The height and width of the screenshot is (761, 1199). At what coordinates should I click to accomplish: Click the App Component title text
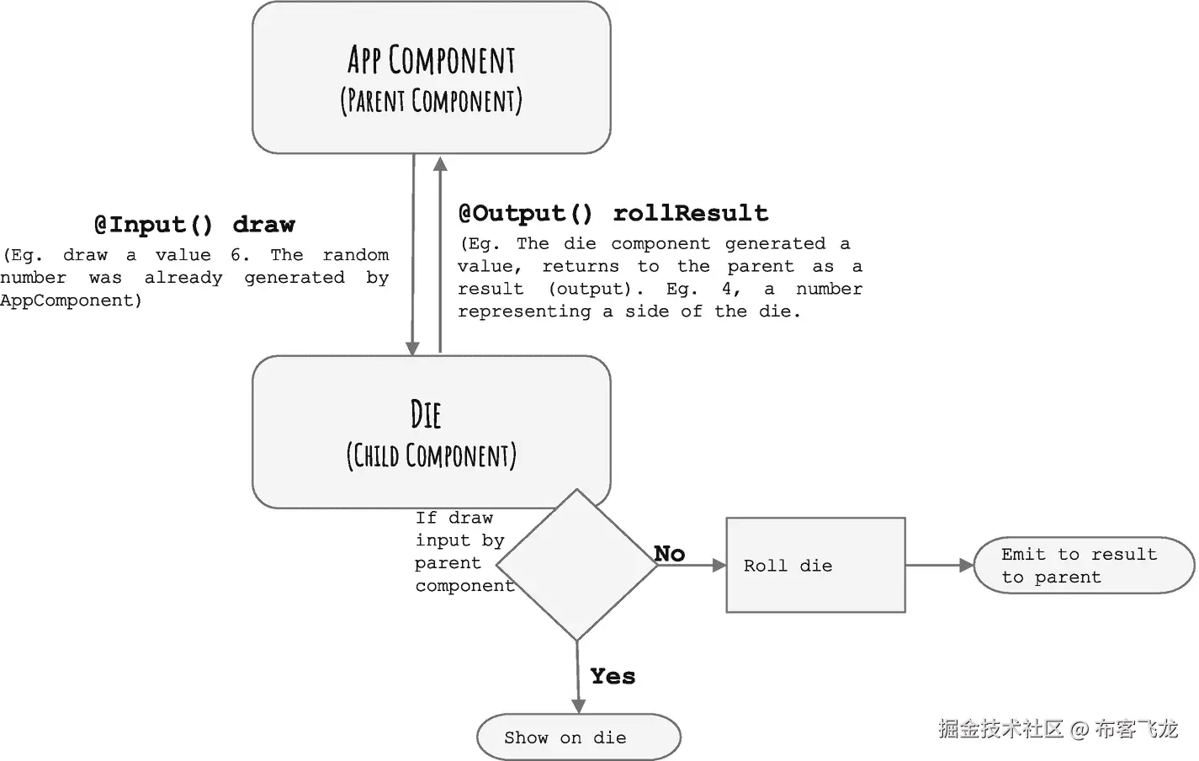pos(431,61)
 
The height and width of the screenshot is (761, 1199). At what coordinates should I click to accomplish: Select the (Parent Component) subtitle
pos(431,101)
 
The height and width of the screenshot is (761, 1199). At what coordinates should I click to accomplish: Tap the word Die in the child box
pos(426,415)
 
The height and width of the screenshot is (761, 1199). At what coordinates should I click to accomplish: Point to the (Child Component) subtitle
pos(431,455)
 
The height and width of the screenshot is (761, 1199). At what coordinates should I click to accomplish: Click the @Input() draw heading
pos(194,225)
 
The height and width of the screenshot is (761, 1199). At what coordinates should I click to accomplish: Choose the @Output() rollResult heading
pos(613,214)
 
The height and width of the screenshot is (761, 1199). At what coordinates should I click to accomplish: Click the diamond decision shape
pos(577,565)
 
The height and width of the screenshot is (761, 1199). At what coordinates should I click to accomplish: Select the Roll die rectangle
pos(814,565)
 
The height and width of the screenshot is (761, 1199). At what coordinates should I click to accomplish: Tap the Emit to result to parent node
pos(1083,566)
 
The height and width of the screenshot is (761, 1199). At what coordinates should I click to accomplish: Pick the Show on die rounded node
pos(578,737)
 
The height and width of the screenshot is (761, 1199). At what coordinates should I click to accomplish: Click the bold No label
pos(670,553)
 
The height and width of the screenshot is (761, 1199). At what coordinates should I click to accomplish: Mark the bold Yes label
pos(613,676)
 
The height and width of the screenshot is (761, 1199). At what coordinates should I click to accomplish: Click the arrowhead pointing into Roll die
pos(719,566)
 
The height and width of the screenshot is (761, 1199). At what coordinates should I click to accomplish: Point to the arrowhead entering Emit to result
pos(966,566)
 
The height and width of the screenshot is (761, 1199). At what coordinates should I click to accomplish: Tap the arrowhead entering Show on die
pos(578,705)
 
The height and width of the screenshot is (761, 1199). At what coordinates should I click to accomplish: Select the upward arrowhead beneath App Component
pos(440,162)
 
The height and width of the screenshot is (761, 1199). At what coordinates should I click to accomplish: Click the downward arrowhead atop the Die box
pos(412,348)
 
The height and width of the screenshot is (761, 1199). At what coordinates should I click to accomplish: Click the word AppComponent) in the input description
pos(72,301)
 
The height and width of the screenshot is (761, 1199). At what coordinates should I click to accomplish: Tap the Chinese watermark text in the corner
pos(1058,728)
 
